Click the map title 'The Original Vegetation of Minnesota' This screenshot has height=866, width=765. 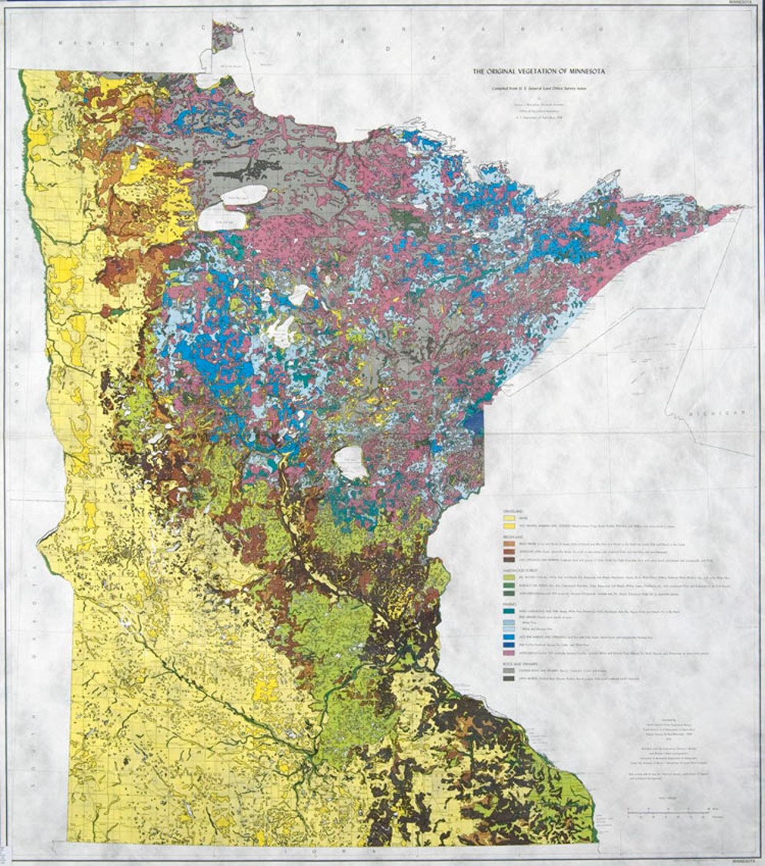pos(538,72)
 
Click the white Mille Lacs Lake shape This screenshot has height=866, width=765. pos(350,463)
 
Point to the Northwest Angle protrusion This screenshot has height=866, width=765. pos(222,36)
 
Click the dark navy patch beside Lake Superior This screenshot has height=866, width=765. pos(475,423)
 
